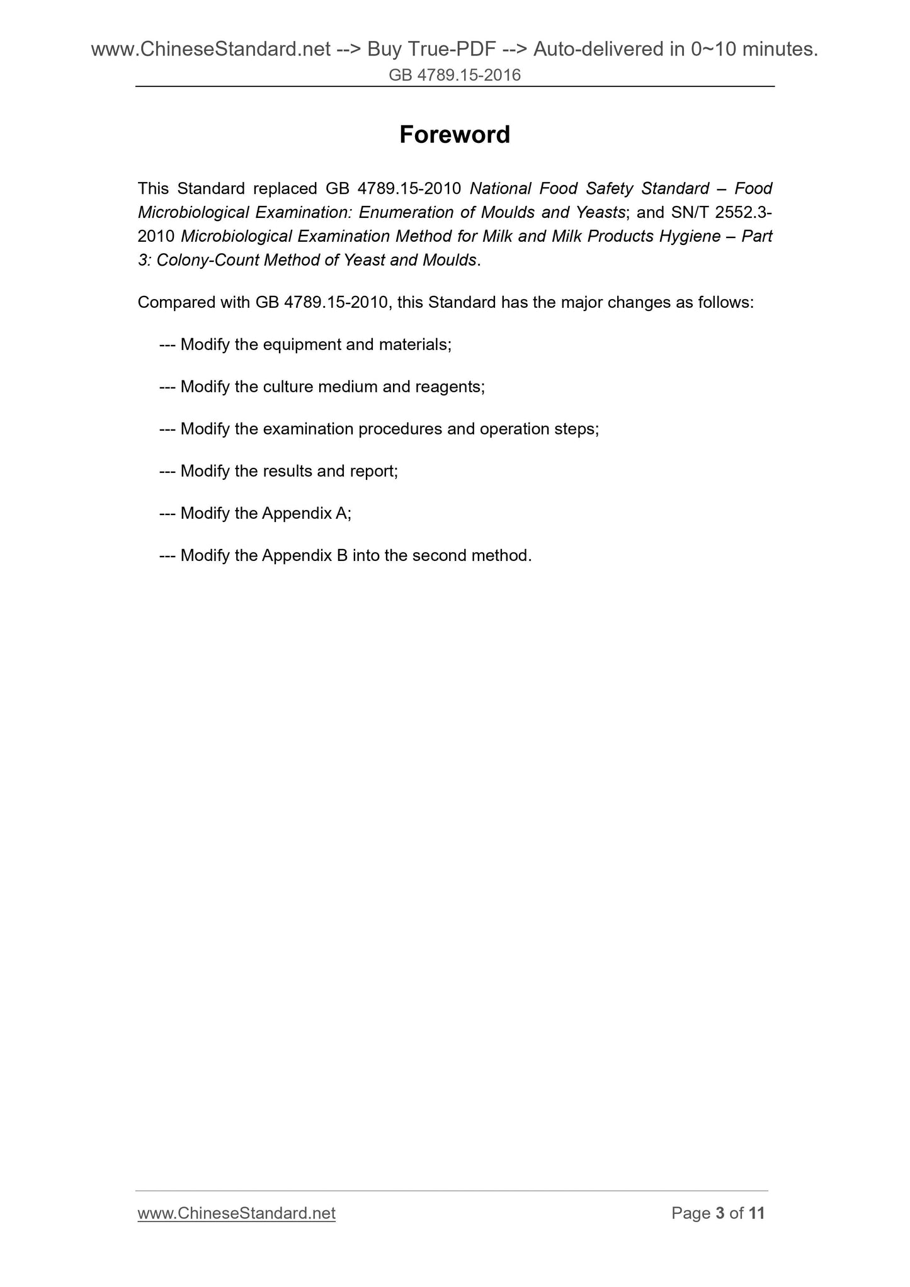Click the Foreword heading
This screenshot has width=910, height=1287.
point(455,135)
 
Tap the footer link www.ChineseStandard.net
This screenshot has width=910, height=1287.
point(236,1213)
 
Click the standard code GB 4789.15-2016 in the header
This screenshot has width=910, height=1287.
point(455,76)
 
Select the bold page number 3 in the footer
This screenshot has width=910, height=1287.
point(720,1213)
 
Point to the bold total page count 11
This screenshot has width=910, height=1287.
point(756,1213)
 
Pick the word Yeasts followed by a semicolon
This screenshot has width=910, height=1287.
point(600,212)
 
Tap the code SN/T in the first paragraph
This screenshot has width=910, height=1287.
point(687,212)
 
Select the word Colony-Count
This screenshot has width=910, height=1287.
point(208,260)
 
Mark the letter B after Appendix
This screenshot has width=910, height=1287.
point(342,555)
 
